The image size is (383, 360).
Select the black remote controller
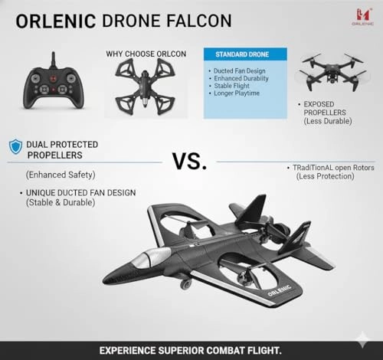52,90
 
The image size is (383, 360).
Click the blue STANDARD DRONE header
245,54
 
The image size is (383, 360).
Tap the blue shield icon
15,146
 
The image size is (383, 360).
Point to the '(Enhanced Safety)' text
61,174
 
